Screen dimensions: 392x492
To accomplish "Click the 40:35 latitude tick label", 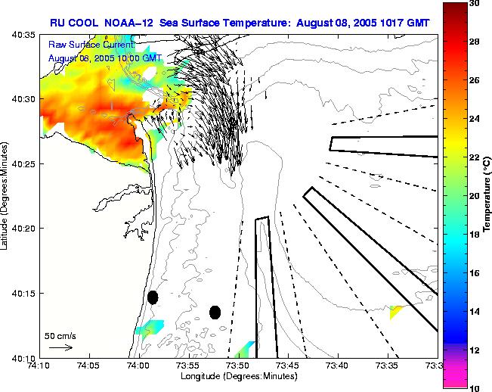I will [23, 35].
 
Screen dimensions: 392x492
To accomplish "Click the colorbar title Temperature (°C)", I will [487, 195].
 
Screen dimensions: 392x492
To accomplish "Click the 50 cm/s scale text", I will [60, 334].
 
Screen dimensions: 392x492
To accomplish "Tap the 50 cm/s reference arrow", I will [60, 347].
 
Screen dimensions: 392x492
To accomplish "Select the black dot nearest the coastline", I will [153, 297].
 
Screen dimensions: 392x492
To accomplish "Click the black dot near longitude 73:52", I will [215, 312].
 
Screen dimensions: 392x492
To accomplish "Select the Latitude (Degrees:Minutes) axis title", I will [6, 195].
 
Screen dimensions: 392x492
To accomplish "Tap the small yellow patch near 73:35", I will [396, 311].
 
